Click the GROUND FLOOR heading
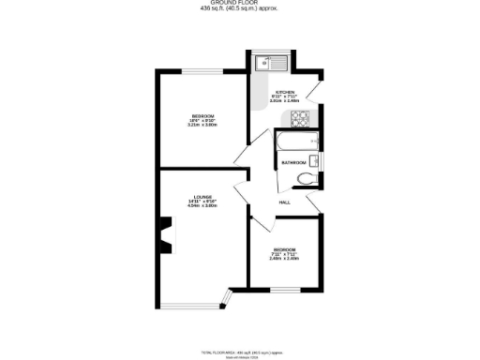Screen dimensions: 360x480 [x=241, y=4]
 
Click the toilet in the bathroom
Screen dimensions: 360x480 [x=303, y=180]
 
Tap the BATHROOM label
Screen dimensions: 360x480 [x=294, y=163]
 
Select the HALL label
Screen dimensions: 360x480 [x=284, y=202]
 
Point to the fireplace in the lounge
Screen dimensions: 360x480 [x=167, y=234]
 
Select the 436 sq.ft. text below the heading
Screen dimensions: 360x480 [x=241, y=10]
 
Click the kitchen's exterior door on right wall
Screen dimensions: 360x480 [x=322, y=92]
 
